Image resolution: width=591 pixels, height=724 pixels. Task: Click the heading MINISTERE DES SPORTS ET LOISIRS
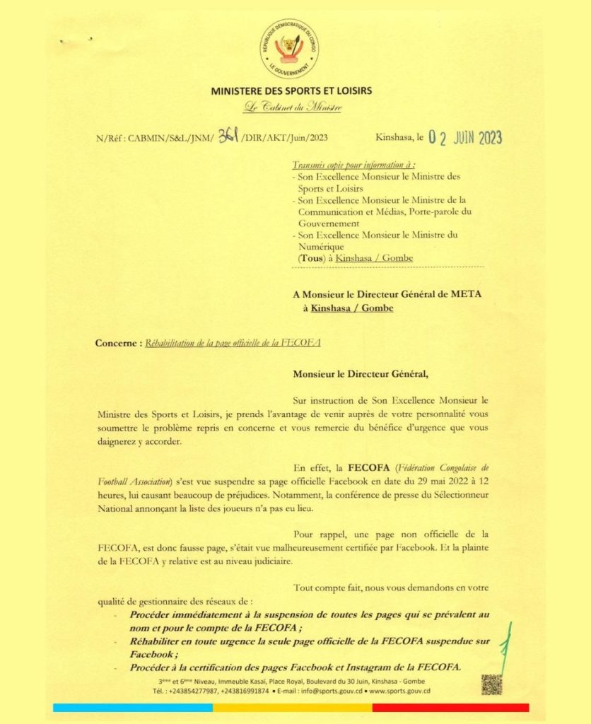click(x=291, y=91)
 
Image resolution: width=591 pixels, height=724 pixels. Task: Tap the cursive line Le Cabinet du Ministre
click(x=292, y=107)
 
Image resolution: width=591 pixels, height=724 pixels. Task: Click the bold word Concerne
click(x=117, y=343)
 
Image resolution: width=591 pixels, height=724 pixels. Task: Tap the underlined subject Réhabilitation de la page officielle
click(x=233, y=343)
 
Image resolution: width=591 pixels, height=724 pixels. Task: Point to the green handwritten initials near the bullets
click(x=505, y=647)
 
